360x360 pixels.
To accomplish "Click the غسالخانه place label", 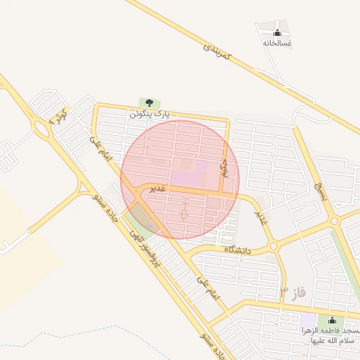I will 277,43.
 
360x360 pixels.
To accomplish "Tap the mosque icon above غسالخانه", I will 277,32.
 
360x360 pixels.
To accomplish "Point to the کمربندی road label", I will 217,49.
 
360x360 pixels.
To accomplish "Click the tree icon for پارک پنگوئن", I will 148,103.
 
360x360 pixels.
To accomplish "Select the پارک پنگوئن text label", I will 149,113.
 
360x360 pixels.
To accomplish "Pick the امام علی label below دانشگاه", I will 208,288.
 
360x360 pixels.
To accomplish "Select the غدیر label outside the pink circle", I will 262,214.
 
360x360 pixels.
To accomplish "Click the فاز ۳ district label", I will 293,291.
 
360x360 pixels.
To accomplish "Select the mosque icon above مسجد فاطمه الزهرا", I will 332,320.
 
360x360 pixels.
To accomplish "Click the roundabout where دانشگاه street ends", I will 273,246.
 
